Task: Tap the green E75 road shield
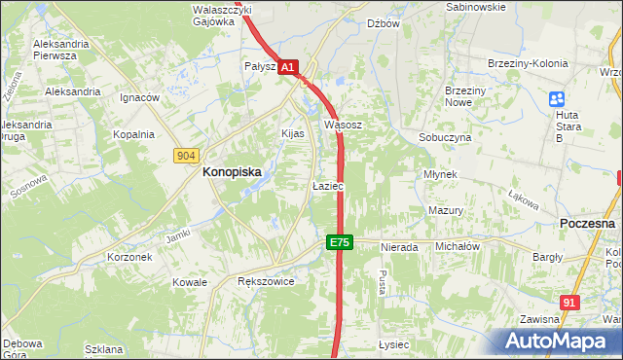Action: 339,242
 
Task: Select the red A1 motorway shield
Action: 288,67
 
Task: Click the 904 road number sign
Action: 187,156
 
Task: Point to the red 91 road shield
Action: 570,303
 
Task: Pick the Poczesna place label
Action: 588,223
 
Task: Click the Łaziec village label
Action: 327,185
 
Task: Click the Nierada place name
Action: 399,247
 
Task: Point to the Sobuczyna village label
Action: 445,138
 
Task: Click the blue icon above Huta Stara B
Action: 557,98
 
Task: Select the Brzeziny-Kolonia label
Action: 527,64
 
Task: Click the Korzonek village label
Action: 129,258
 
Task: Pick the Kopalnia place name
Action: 133,135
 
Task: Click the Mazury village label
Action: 445,210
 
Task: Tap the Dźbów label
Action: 384,23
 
